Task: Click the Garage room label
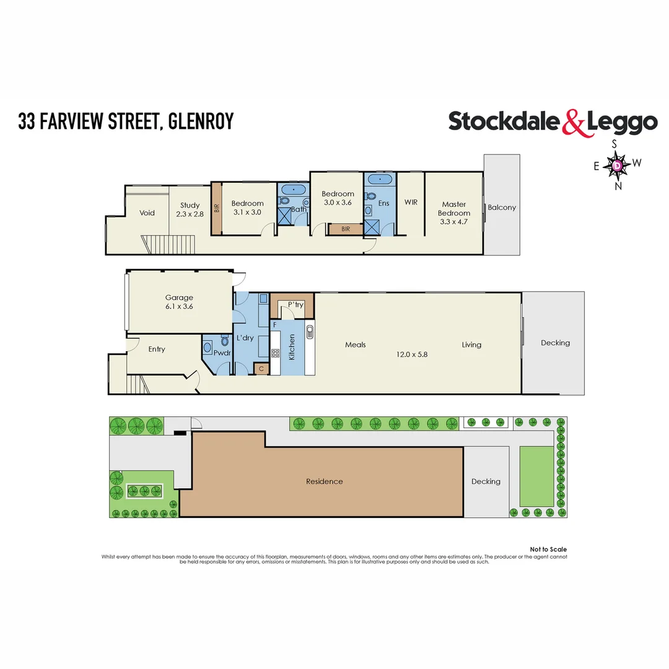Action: coord(179,302)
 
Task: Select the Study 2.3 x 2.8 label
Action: coord(190,209)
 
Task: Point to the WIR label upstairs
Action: coord(411,203)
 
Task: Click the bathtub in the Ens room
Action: coord(379,180)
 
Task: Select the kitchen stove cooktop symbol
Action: coord(275,354)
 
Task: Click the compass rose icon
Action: coord(618,165)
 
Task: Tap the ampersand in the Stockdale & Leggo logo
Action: coord(573,122)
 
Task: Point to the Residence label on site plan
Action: coord(324,481)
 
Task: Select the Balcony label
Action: coord(502,208)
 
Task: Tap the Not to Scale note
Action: coord(548,549)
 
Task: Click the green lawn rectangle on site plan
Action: coord(536,476)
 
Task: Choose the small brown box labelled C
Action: coord(261,369)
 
